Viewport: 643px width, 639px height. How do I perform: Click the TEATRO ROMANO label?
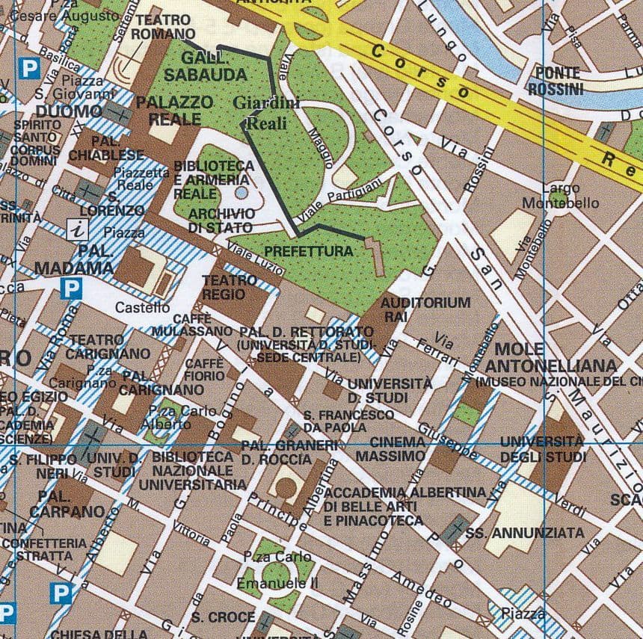pyautogui.click(x=163, y=27)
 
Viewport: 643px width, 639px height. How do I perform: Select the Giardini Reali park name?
pyautogui.click(x=266, y=114)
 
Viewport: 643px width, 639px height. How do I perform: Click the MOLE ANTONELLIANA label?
pyautogui.click(x=551, y=358)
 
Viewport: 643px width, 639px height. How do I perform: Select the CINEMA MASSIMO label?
pyautogui.click(x=390, y=448)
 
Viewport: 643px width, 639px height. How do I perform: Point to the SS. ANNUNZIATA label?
pyautogui.click(x=524, y=533)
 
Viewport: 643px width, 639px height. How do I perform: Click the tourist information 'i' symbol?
pyautogui.click(x=76, y=229)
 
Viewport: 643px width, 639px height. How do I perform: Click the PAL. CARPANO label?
pyautogui.click(x=67, y=504)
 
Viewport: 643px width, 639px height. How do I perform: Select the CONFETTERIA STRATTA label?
pyautogui.click(x=45, y=549)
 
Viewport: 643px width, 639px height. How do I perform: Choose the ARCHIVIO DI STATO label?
pyautogui.click(x=221, y=220)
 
